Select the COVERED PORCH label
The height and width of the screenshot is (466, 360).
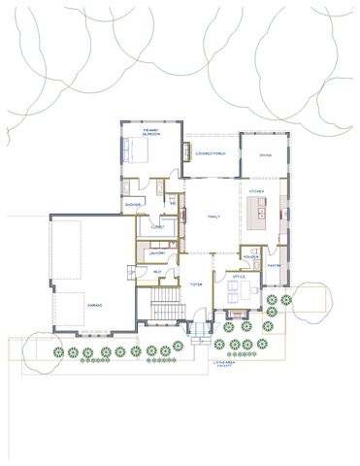tap(211, 153)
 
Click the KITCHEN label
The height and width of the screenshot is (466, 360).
tap(257, 192)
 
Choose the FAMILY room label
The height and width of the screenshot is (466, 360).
tap(213, 217)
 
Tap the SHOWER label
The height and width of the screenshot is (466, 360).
tap(134, 205)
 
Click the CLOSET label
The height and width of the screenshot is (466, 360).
tap(157, 226)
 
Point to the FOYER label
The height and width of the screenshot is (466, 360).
tap(195, 285)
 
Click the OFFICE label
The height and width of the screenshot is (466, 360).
tap(238, 278)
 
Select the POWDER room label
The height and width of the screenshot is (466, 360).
tap(249, 257)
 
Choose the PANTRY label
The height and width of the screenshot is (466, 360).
tap(274, 264)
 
